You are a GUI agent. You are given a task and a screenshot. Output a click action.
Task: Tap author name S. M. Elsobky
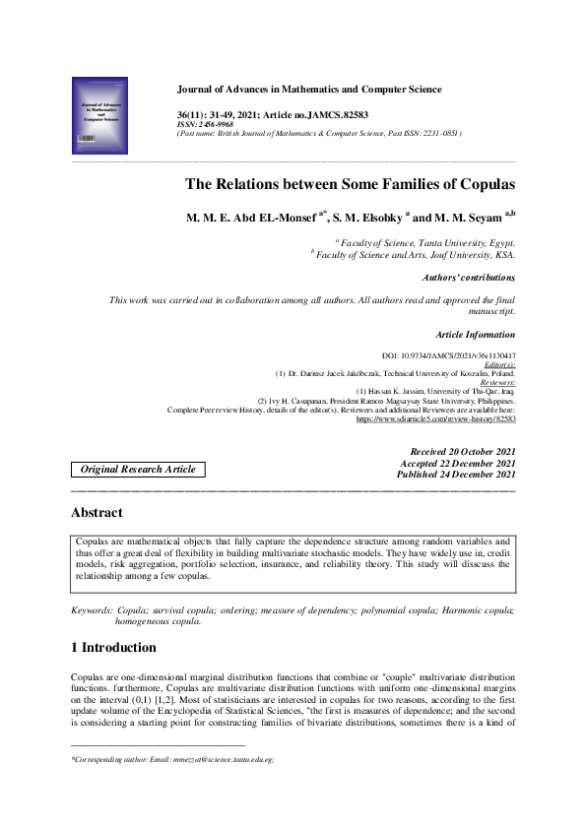point(369,218)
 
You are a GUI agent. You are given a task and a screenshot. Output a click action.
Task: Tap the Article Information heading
point(476,335)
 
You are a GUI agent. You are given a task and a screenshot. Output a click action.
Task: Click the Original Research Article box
point(138,470)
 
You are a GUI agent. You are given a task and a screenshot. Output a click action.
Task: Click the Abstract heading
point(97,512)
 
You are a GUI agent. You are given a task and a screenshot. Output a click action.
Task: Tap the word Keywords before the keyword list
point(91,611)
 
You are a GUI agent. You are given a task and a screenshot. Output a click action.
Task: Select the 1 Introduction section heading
point(113,648)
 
